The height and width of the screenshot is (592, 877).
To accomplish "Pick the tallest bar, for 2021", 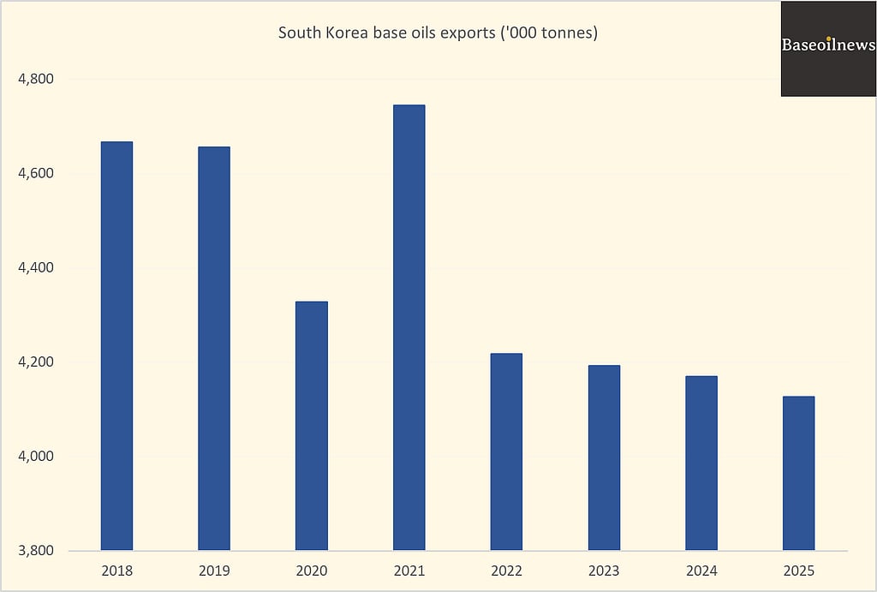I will point(409,327).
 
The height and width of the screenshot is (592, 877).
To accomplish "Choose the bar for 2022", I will point(506,451).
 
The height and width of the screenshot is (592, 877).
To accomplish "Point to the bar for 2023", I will point(604,457).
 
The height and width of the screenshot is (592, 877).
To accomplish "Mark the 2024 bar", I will point(701,463).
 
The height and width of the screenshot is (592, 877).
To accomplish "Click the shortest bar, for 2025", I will point(798,473).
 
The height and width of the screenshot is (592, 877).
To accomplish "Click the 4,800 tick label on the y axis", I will point(36,79).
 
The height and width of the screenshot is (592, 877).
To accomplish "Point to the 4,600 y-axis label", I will point(36,173).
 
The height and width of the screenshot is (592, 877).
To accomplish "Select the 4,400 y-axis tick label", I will point(36,267).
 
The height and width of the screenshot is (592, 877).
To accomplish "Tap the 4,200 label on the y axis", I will point(36,362).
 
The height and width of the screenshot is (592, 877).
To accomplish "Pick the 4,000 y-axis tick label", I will point(36,456).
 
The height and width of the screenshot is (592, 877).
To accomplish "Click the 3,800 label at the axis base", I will point(36,550).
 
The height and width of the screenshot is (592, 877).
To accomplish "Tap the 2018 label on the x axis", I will point(116,571).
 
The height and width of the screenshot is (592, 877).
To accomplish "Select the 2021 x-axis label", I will point(409,571).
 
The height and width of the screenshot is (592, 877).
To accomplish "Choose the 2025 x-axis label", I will point(798,571).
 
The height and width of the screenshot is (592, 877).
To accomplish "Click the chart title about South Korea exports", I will point(438,33).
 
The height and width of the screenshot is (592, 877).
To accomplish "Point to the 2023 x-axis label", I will point(604,571).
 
